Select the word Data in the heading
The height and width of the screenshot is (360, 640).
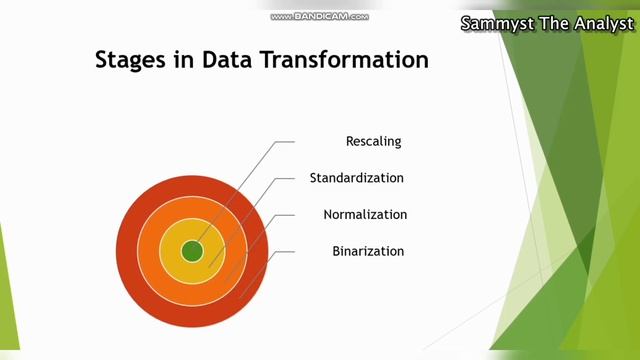(x=229, y=59)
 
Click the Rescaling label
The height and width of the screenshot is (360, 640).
(x=373, y=141)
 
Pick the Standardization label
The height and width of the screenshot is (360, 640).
(x=356, y=178)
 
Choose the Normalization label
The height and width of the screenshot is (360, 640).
(x=365, y=214)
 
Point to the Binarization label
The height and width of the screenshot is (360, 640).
(x=368, y=251)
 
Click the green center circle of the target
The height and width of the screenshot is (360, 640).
(x=192, y=251)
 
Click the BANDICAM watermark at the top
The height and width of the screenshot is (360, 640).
(x=319, y=17)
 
